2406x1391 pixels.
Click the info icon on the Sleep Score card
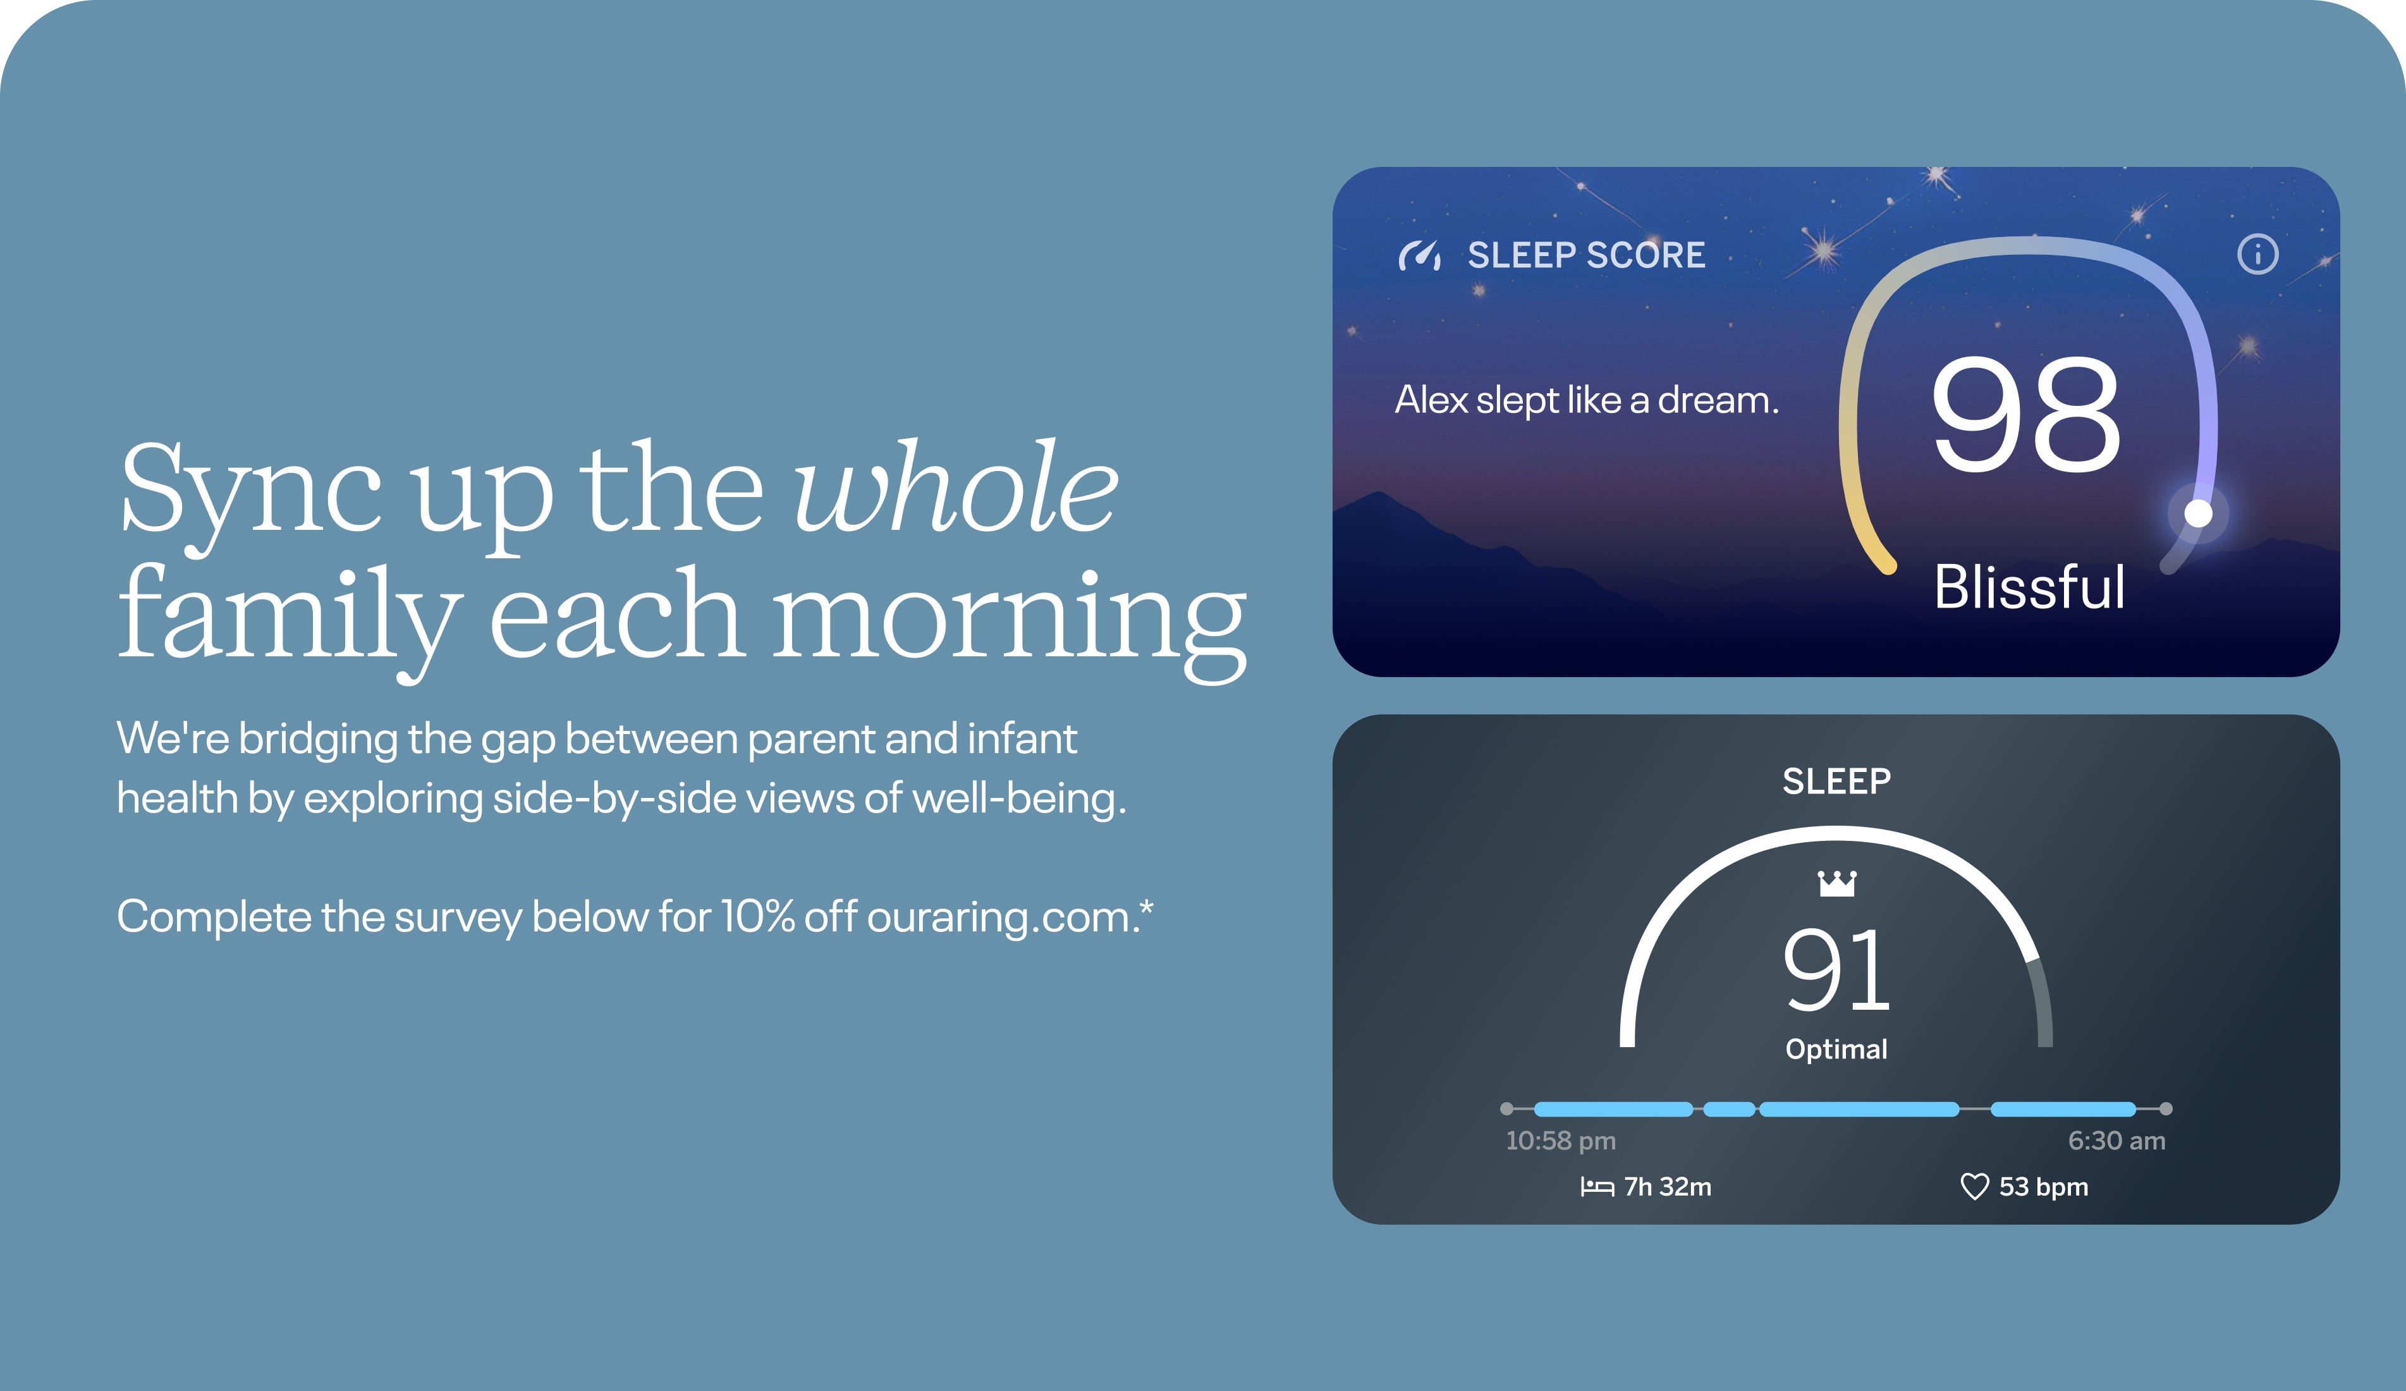[x=2257, y=254]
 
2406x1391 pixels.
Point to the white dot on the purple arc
[x=2198, y=513]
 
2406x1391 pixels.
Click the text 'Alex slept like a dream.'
[x=1587, y=400]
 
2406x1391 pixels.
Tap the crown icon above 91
[x=1837, y=883]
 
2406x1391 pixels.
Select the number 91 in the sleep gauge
[x=1836, y=970]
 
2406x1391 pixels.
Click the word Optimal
[x=1836, y=1049]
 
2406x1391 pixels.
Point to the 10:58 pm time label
[x=1560, y=1140]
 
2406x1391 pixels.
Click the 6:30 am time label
[x=2116, y=1140]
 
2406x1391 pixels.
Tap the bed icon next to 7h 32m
[x=1596, y=1187]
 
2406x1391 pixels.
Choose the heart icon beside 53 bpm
[x=1974, y=1187]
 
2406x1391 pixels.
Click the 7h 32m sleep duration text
[x=1667, y=1187]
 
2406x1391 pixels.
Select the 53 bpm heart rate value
[x=2043, y=1187]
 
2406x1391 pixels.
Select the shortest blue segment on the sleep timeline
[x=1729, y=1108]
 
